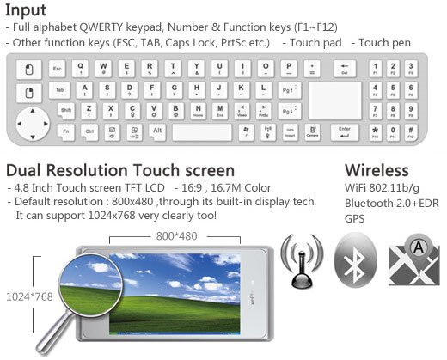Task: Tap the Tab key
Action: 58,90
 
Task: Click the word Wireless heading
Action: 377,169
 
